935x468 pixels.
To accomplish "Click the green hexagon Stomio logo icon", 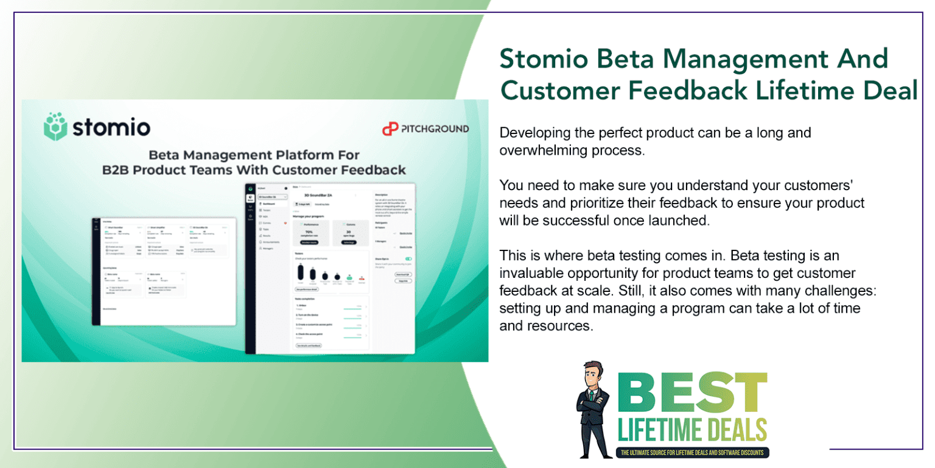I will click(55, 126).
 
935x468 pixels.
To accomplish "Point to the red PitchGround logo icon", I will click(389, 129).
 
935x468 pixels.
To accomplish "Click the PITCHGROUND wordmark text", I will click(434, 129).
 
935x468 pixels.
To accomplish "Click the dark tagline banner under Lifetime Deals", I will click(693, 453).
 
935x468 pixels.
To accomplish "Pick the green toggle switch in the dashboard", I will click(408, 259).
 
